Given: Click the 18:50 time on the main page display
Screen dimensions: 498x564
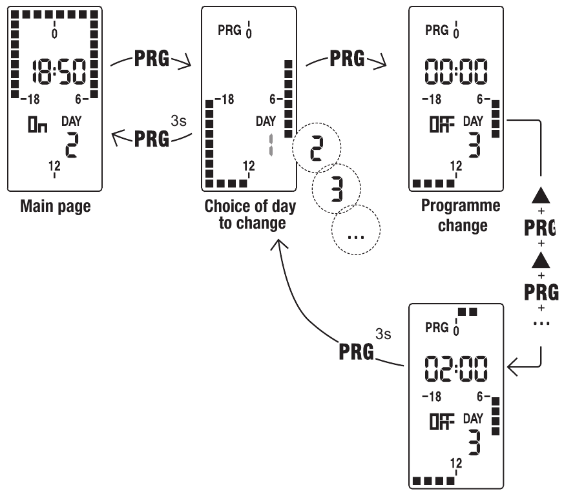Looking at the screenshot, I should point(54,73).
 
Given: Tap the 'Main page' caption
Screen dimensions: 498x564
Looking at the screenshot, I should point(54,207).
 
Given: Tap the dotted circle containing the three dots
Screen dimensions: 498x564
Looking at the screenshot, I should point(356,231).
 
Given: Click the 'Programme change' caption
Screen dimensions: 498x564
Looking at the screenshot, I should point(461,215).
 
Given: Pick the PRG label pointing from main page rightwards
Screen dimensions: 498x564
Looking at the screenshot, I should point(152,60).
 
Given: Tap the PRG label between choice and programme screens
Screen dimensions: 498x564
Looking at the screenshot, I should point(347,60).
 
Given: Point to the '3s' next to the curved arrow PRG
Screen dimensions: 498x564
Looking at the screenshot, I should point(384,335).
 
